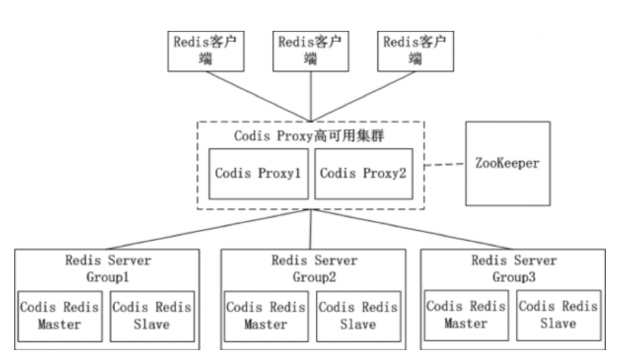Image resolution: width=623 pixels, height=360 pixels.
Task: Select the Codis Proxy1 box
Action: [x=258, y=173]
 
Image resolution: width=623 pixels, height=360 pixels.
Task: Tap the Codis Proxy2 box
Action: [x=363, y=173]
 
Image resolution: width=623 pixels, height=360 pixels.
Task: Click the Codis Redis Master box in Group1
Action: [x=59, y=315]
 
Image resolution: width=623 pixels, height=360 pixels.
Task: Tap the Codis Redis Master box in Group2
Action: [x=265, y=316]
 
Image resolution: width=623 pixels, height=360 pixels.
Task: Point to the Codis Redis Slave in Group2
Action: [x=358, y=316]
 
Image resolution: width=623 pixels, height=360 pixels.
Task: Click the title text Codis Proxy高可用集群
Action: [x=310, y=136]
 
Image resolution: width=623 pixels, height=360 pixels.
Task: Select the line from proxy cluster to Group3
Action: [x=414, y=230]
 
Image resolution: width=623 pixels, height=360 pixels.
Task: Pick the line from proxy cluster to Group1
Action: [x=207, y=230]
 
